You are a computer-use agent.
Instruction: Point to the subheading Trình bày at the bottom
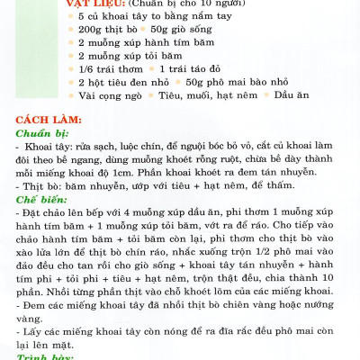[x=40, y=356]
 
